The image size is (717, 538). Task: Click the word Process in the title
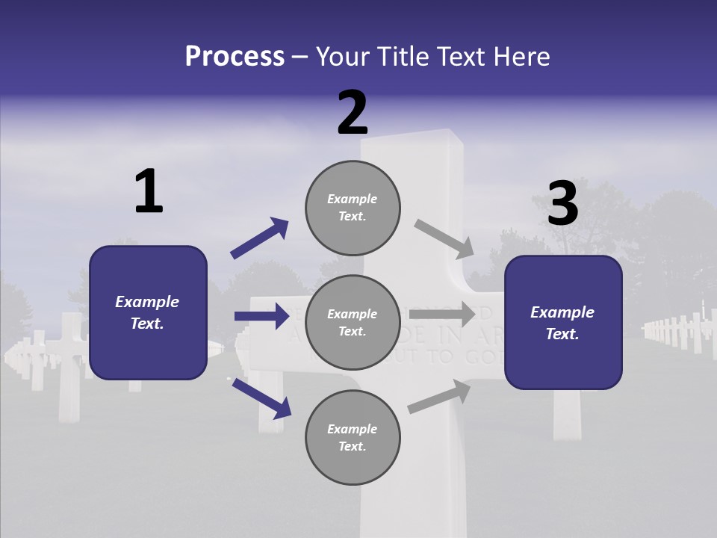pyautogui.click(x=235, y=57)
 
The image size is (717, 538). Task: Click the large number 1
pyautogui.click(x=149, y=192)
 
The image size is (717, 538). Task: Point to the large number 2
pyautogui.click(x=353, y=113)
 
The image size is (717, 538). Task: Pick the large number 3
pyautogui.click(x=563, y=204)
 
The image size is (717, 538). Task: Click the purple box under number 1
pyautogui.click(x=148, y=312)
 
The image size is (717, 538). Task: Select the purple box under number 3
pyautogui.click(x=563, y=323)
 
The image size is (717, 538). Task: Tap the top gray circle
pyautogui.click(x=353, y=207)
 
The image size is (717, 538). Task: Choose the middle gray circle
pyautogui.click(x=353, y=322)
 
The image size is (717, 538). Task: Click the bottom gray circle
pyautogui.click(x=353, y=437)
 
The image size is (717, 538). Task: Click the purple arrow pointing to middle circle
pyautogui.click(x=261, y=316)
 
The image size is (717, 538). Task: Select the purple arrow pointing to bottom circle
pyautogui.click(x=261, y=398)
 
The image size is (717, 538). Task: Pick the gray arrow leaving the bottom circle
pyautogui.click(x=439, y=396)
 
